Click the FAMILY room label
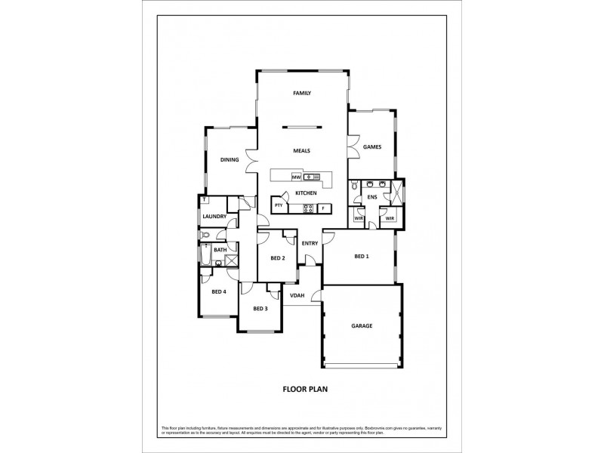(302, 94)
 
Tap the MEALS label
(302, 150)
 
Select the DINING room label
(230, 159)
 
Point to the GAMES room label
(371, 146)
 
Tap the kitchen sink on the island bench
(309, 177)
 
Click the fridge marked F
(323, 208)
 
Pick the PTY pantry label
(279, 205)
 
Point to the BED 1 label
(362, 257)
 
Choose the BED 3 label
(260, 308)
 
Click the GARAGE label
(362, 326)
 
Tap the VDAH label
(297, 295)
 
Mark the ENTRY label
(310, 243)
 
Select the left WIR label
(360, 218)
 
